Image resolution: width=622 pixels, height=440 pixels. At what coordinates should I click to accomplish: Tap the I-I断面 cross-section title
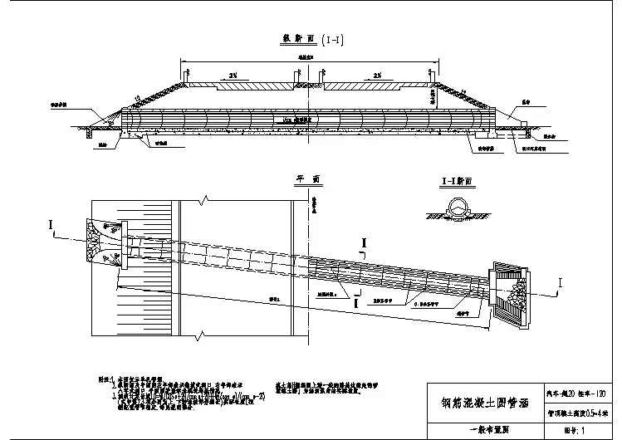coord(455,180)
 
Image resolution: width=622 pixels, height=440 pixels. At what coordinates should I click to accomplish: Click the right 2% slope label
coord(379,76)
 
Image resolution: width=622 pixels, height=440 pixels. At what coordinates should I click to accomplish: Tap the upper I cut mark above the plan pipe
coord(362,243)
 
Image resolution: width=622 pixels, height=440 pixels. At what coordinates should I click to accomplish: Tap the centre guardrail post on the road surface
coord(308,79)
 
